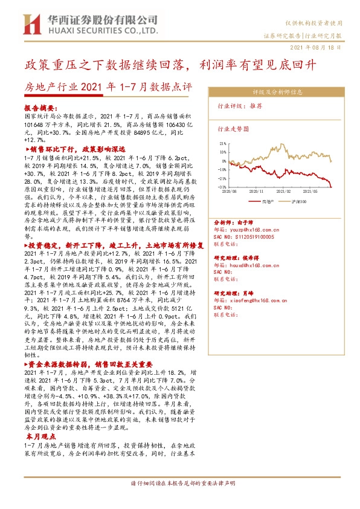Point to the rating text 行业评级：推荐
(240, 106)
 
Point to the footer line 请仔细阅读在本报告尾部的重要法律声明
(180, 484)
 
